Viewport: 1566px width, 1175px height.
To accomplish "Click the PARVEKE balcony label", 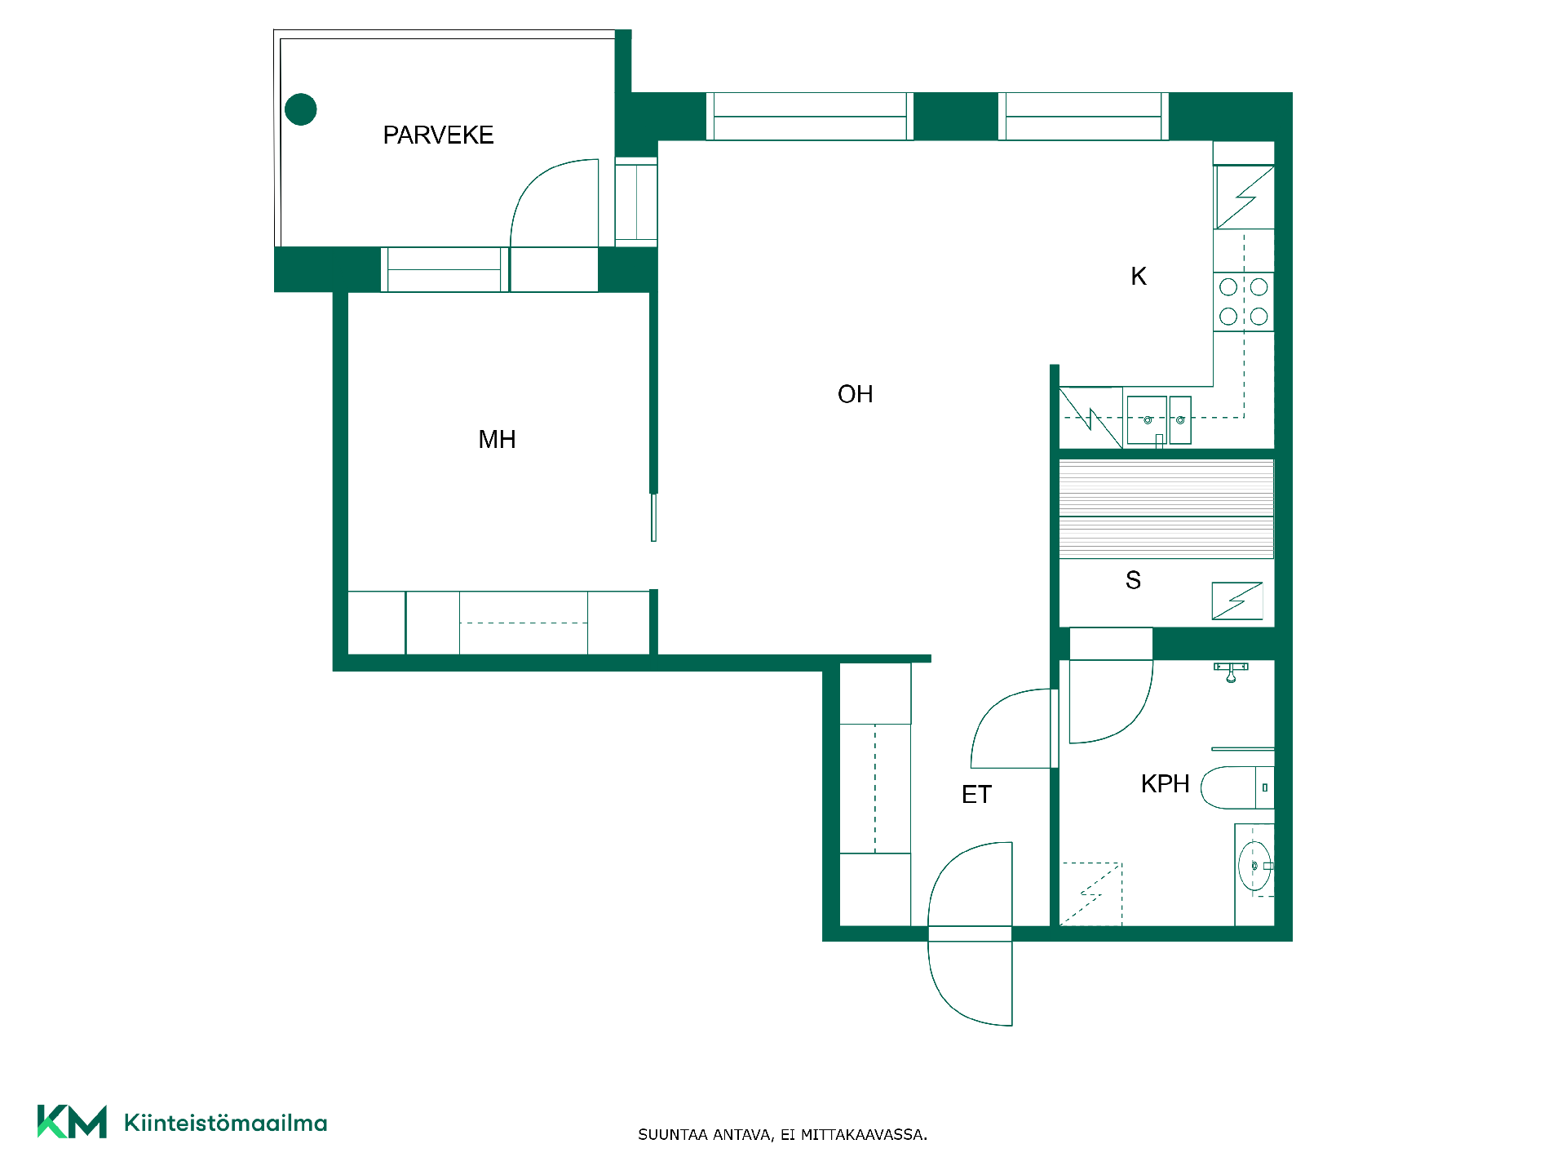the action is [438, 135].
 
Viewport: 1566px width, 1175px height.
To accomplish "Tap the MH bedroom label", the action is [497, 440].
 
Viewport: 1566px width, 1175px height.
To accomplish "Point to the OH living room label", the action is [855, 394].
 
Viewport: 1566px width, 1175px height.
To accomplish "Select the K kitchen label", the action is [1139, 277].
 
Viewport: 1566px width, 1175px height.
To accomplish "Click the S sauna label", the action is [1133, 580].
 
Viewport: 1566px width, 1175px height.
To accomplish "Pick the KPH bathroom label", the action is [1165, 784].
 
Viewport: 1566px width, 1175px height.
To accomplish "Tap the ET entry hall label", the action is [976, 795].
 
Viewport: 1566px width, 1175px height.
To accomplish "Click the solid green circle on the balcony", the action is [301, 109].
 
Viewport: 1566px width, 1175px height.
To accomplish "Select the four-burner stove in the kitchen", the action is [1243, 302].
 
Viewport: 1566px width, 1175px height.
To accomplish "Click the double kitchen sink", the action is [1159, 420].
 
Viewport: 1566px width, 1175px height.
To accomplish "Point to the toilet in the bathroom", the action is [1237, 787].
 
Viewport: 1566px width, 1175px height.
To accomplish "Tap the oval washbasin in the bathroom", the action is [1254, 866].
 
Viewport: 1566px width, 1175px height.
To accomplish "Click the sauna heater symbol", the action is [1237, 601].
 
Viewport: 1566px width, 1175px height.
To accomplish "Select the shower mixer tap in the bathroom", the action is [1231, 672].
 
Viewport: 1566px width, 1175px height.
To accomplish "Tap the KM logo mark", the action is [72, 1121].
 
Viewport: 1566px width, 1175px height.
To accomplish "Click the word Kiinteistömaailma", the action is [225, 1123].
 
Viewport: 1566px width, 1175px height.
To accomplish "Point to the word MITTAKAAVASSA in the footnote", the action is [864, 1134].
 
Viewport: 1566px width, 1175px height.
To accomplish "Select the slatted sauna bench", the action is [1166, 509].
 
